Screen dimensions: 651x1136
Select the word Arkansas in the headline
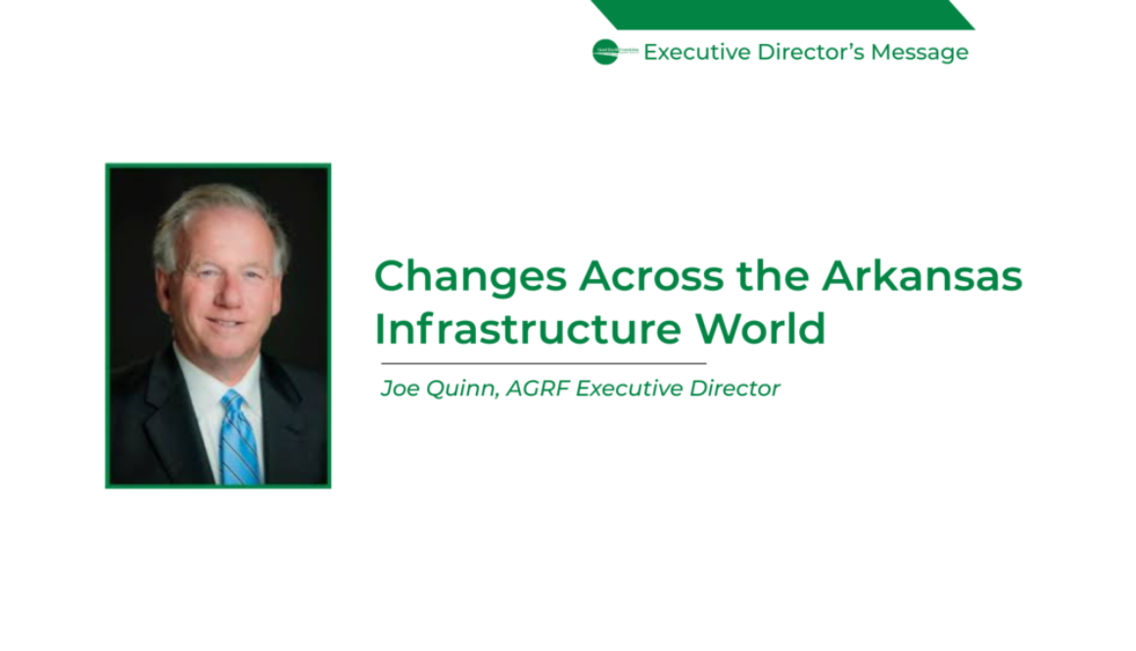click(x=922, y=277)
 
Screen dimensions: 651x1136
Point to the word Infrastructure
click(x=528, y=329)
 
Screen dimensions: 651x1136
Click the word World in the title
click(x=761, y=329)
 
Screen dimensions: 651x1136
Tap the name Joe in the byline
click(x=398, y=389)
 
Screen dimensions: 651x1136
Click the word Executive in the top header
click(x=696, y=53)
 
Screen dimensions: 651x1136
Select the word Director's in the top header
click(x=811, y=53)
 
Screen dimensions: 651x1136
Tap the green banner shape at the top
click(x=783, y=15)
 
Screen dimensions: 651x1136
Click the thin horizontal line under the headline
click(x=544, y=363)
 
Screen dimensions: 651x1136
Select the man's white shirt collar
click(x=201, y=377)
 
